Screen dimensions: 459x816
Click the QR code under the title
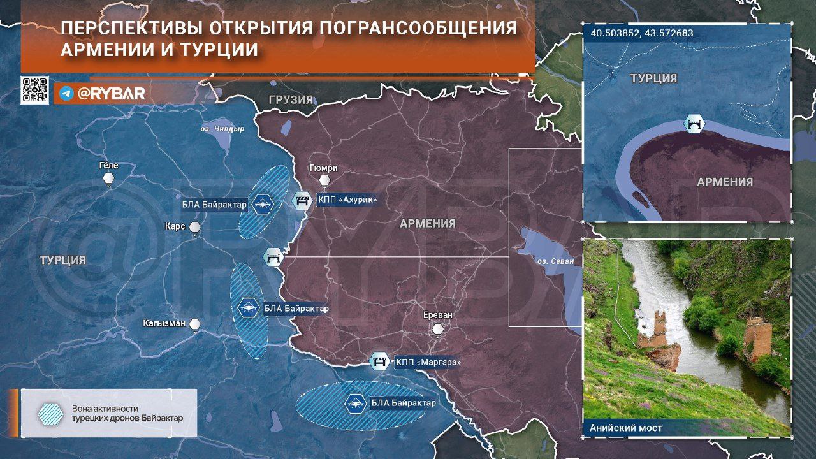(x=34, y=90)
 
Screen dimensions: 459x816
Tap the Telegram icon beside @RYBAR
(x=65, y=94)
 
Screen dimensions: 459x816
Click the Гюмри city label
(x=323, y=168)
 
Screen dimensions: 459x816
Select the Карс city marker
(x=195, y=228)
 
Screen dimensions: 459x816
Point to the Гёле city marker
(x=109, y=178)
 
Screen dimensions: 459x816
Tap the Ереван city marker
(x=437, y=330)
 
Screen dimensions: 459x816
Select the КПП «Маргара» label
(x=427, y=362)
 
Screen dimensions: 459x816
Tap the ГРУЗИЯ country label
(x=291, y=100)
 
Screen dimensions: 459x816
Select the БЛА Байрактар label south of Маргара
(x=404, y=403)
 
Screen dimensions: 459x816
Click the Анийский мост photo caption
(x=626, y=428)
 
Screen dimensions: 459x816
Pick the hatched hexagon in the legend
(x=50, y=414)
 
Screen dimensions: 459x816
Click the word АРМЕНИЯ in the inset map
(x=725, y=182)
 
